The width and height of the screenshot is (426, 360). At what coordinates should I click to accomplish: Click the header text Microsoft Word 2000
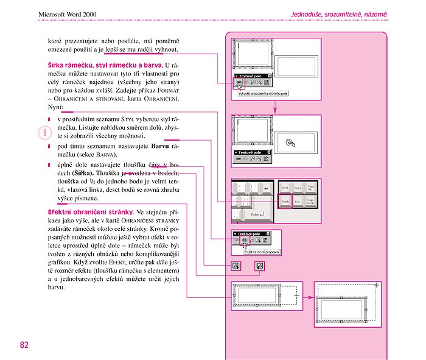pyautogui.click(x=68, y=13)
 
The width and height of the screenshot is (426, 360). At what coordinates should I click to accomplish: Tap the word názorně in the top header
pyautogui.click(x=373, y=13)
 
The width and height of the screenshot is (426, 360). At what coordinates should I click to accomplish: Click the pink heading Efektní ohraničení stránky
pyautogui.click(x=91, y=212)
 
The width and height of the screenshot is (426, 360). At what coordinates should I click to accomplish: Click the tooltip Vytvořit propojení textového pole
pyautogui.click(x=263, y=93)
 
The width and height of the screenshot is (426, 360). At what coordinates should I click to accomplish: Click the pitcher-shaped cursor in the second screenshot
pyautogui.click(x=290, y=144)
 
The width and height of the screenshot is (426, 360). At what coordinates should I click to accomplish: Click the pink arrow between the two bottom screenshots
pyautogui.click(x=309, y=298)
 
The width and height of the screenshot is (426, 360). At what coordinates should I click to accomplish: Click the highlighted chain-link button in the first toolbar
pyautogui.click(x=239, y=83)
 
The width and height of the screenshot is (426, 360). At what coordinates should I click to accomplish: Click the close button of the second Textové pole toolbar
pyautogui.click(x=270, y=152)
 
